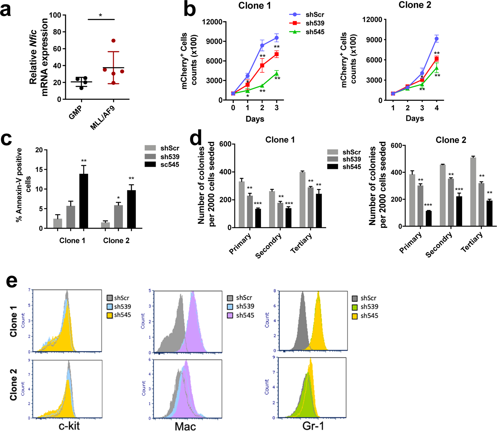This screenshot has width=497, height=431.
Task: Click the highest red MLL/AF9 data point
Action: click(113, 41)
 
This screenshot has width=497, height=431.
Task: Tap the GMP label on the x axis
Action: click(75, 112)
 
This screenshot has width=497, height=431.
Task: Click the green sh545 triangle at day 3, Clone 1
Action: click(277, 74)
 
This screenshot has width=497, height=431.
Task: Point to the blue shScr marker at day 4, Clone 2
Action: click(436, 39)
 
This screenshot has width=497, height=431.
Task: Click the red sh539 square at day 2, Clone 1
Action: click(262, 66)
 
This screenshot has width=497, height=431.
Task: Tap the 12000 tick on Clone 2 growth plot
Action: click(372, 20)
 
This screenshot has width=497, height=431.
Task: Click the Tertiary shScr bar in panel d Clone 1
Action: click(302, 200)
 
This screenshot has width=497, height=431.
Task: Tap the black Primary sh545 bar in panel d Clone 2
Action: click(429, 218)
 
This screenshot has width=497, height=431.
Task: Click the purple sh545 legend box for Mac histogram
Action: click(230, 315)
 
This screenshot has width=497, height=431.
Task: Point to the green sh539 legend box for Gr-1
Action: click(355, 307)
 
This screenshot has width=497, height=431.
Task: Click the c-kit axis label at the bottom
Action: click(69, 426)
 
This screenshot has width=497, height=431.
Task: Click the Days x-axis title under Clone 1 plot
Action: click(255, 119)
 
